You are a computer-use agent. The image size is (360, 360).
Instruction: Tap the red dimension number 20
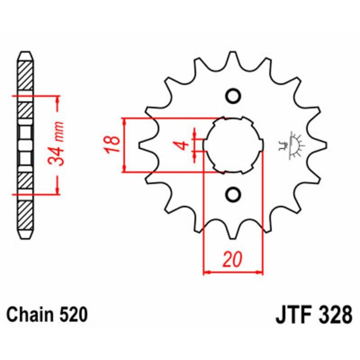(233, 260)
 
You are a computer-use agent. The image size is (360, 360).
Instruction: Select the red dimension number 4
(182, 145)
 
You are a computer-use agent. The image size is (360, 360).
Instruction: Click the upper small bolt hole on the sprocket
(233, 96)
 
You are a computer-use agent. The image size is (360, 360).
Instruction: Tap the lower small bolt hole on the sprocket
(233, 194)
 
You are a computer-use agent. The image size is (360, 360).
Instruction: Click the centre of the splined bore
(233, 145)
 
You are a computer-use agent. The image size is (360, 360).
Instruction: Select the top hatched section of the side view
(25, 75)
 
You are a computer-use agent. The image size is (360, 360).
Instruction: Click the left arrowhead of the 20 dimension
(207, 272)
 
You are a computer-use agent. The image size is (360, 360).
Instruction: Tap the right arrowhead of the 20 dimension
(260, 272)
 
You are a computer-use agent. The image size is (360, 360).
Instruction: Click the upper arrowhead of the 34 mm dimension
(58, 99)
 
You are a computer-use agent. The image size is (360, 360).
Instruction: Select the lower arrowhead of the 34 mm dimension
(58, 191)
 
